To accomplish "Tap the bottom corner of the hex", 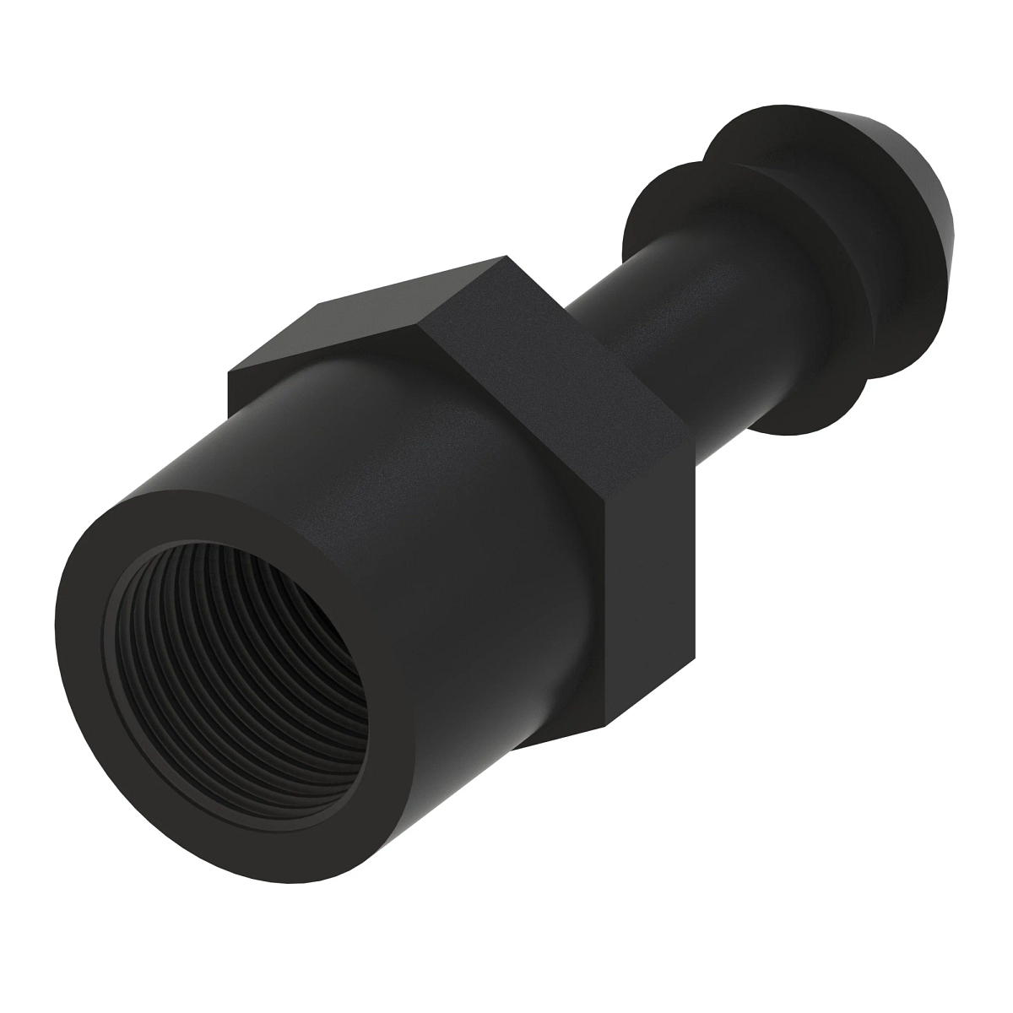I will [x=605, y=728].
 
